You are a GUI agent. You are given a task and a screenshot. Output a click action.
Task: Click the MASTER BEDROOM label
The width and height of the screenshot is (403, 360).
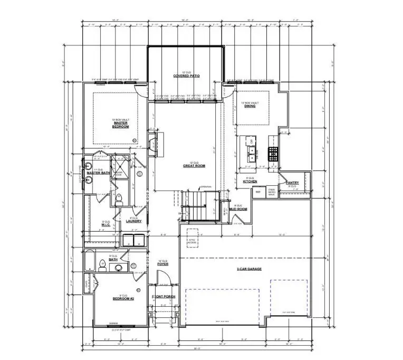pos(120,125)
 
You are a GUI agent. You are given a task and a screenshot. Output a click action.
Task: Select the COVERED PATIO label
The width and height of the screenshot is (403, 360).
pos(184,76)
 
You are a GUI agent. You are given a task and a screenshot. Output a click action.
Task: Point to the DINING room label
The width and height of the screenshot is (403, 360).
pos(250,106)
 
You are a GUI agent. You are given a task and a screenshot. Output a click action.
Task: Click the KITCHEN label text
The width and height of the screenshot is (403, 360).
pos(250,181)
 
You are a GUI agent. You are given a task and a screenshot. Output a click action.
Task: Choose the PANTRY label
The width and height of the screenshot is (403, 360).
pos(292,183)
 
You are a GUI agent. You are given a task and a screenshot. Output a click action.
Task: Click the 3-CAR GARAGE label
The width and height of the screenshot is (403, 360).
pos(249,269)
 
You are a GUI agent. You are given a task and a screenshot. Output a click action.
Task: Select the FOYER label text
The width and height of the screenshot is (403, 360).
pos(163,264)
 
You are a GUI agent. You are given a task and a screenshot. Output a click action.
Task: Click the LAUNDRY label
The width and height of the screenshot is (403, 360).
pos(134,221)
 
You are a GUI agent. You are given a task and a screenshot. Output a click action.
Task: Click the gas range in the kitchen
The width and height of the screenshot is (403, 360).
pos(274,154)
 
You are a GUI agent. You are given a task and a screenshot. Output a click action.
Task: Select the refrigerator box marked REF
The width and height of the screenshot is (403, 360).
pos(258,192)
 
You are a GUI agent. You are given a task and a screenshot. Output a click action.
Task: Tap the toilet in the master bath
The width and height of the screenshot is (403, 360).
pos(119,199)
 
